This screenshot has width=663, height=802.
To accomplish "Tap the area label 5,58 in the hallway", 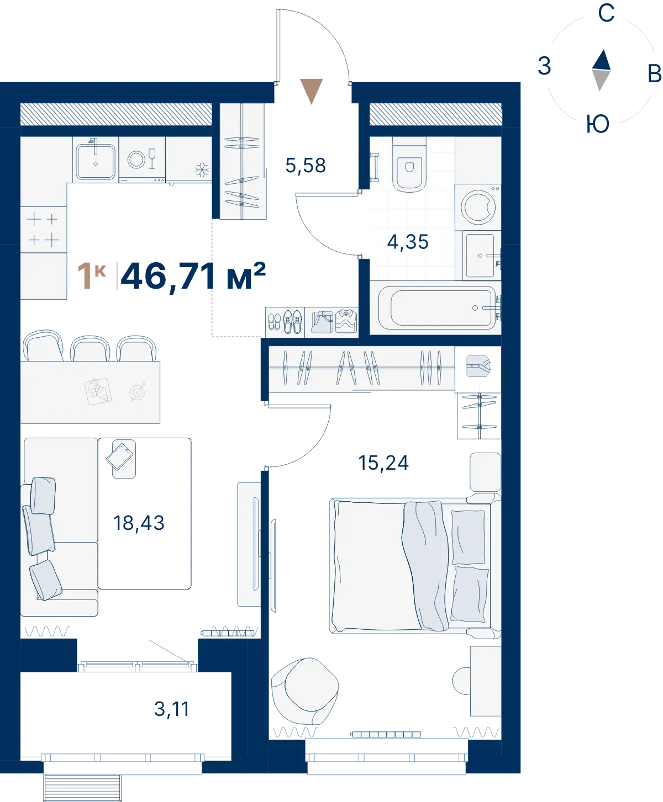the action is coord(306,166).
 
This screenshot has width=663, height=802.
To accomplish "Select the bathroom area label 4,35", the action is coord(408,242).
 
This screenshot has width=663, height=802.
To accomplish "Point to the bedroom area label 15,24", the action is coord(383,463).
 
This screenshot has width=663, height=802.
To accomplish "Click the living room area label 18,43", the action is coord(139,523).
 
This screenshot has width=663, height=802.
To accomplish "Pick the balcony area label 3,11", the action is coord(171,709).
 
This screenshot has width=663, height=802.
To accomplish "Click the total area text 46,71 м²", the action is coord(193,277).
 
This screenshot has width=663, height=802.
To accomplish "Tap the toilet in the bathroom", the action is coord(409,165).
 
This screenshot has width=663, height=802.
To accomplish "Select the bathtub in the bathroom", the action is coord(437,308).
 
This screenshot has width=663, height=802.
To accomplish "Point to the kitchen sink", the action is coord(96,161).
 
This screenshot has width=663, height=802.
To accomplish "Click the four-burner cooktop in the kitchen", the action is coord(43,230).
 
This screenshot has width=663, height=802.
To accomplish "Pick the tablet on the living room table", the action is coord(119,456).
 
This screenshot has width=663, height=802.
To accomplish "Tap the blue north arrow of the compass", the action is coord(602,60).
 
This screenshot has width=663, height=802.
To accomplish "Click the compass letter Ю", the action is coord(598,124).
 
